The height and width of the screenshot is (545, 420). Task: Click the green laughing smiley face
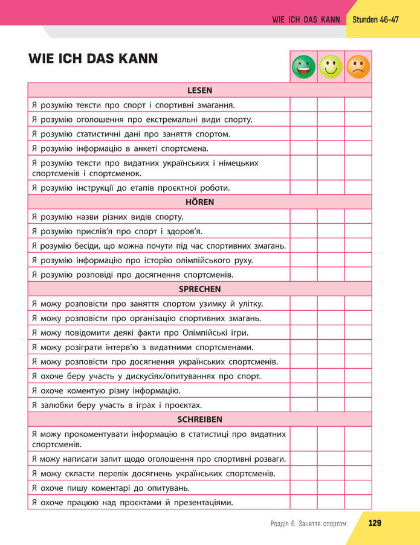tap(303, 67)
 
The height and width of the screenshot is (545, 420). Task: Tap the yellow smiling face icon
tap(331, 67)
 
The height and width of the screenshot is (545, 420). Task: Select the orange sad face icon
tap(358, 67)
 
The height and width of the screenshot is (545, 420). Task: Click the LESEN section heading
tap(199, 91)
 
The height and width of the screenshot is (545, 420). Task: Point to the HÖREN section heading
tap(199, 202)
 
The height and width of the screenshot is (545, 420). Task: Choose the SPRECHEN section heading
tap(199, 289)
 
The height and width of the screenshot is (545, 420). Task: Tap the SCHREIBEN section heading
tap(199, 419)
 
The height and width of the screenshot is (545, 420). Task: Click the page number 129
tap(375, 523)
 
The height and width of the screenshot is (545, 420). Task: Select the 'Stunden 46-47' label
tap(375, 19)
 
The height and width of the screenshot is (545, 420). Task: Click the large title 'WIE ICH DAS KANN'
tap(93, 59)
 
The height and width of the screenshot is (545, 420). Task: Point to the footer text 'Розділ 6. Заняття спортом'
tap(308, 523)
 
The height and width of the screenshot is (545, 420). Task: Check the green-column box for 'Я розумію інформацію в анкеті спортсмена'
tap(303, 148)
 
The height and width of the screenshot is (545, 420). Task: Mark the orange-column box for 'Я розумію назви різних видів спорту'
tap(358, 217)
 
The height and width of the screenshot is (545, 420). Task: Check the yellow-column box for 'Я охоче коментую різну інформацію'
tap(331, 390)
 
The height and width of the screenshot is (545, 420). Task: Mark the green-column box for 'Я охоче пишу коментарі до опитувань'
tap(303, 488)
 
